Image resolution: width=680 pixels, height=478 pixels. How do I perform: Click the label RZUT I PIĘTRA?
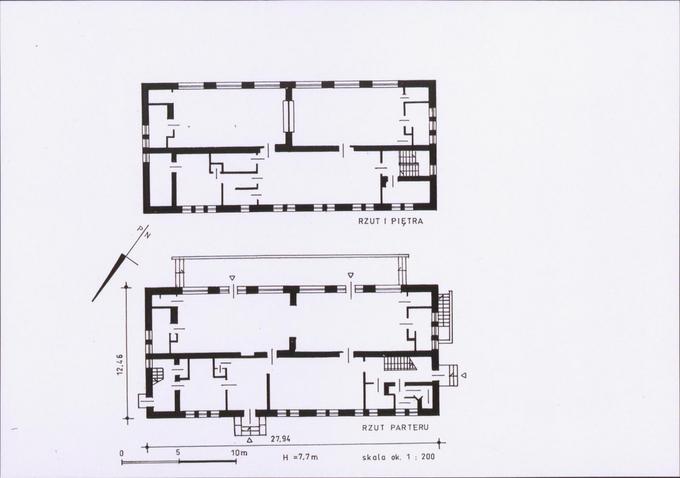point(391,222)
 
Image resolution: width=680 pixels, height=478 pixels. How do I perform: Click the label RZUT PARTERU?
point(395,428)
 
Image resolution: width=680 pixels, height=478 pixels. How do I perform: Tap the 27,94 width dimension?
point(280,439)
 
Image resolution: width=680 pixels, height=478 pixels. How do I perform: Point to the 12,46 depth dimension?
point(120,365)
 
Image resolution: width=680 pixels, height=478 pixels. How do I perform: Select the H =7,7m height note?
point(300,457)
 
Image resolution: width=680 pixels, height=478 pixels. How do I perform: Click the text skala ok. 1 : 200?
point(398,457)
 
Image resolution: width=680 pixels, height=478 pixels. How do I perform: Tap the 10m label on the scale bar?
point(239,453)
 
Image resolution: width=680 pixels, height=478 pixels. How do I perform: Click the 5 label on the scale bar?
point(178,452)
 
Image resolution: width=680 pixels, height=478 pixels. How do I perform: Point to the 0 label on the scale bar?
point(122,453)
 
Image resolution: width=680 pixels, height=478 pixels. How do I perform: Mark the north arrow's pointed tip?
point(92,301)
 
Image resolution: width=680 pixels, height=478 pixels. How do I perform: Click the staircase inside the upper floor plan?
point(408,163)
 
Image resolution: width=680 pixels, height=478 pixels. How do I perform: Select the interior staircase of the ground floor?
point(400,363)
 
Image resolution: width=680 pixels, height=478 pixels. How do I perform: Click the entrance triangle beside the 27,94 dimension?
point(250,440)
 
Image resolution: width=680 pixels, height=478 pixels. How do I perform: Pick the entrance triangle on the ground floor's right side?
point(464,375)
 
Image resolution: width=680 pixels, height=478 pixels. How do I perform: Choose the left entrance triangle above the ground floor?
point(233,277)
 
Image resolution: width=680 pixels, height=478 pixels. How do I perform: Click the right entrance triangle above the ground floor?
point(350,275)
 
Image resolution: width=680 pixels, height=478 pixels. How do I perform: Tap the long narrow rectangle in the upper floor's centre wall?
point(287,116)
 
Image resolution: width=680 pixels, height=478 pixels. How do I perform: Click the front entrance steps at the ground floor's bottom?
point(249,428)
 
